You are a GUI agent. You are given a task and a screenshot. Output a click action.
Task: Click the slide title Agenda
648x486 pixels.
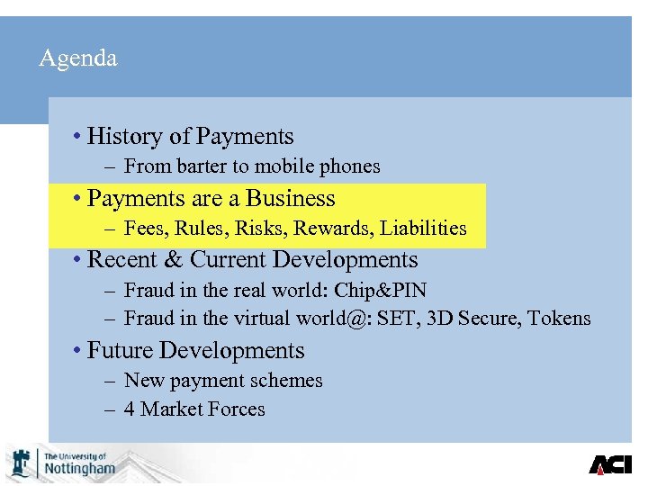[78, 59]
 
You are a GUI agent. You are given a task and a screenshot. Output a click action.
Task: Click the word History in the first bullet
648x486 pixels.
[125, 137]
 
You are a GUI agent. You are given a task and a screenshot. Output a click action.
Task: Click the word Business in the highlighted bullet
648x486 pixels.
[290, 199]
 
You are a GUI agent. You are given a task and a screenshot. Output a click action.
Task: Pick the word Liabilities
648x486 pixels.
[423, 229]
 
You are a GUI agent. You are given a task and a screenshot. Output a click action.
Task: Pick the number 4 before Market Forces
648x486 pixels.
[130, 409]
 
